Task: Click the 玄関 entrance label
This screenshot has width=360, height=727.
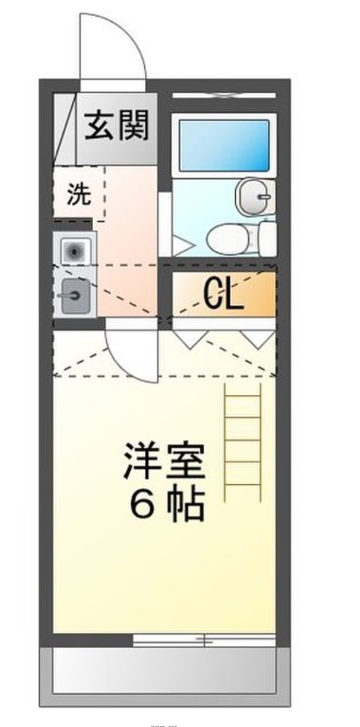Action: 115,127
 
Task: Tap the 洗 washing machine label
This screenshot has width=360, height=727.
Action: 77,193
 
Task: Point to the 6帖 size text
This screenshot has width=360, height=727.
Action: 167,505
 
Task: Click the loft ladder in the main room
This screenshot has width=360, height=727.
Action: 245,439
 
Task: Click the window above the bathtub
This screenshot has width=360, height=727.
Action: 223,95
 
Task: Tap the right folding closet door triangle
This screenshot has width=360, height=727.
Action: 258,337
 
